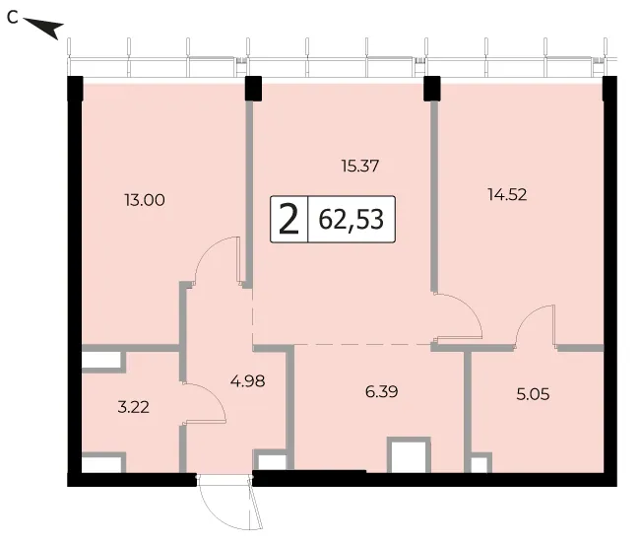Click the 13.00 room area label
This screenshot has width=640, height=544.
point(145,200)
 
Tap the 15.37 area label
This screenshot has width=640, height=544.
point(360,166)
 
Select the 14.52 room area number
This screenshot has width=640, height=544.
point(507,194)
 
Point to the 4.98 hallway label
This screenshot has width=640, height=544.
point(248,381)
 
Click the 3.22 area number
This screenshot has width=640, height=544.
point(134,407)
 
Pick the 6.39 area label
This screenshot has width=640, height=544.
point(382,391)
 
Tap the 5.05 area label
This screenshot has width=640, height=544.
point(533,394)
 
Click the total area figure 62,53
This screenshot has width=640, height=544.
point(352,220)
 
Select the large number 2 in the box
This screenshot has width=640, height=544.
point(288,220)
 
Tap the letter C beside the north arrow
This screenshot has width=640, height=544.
point(13,18)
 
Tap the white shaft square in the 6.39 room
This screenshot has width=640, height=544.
point(409,455)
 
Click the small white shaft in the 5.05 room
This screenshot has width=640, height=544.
point(480,463)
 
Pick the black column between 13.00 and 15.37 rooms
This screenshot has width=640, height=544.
point(253,89)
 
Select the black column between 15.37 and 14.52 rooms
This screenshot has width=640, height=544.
point(432,89)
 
